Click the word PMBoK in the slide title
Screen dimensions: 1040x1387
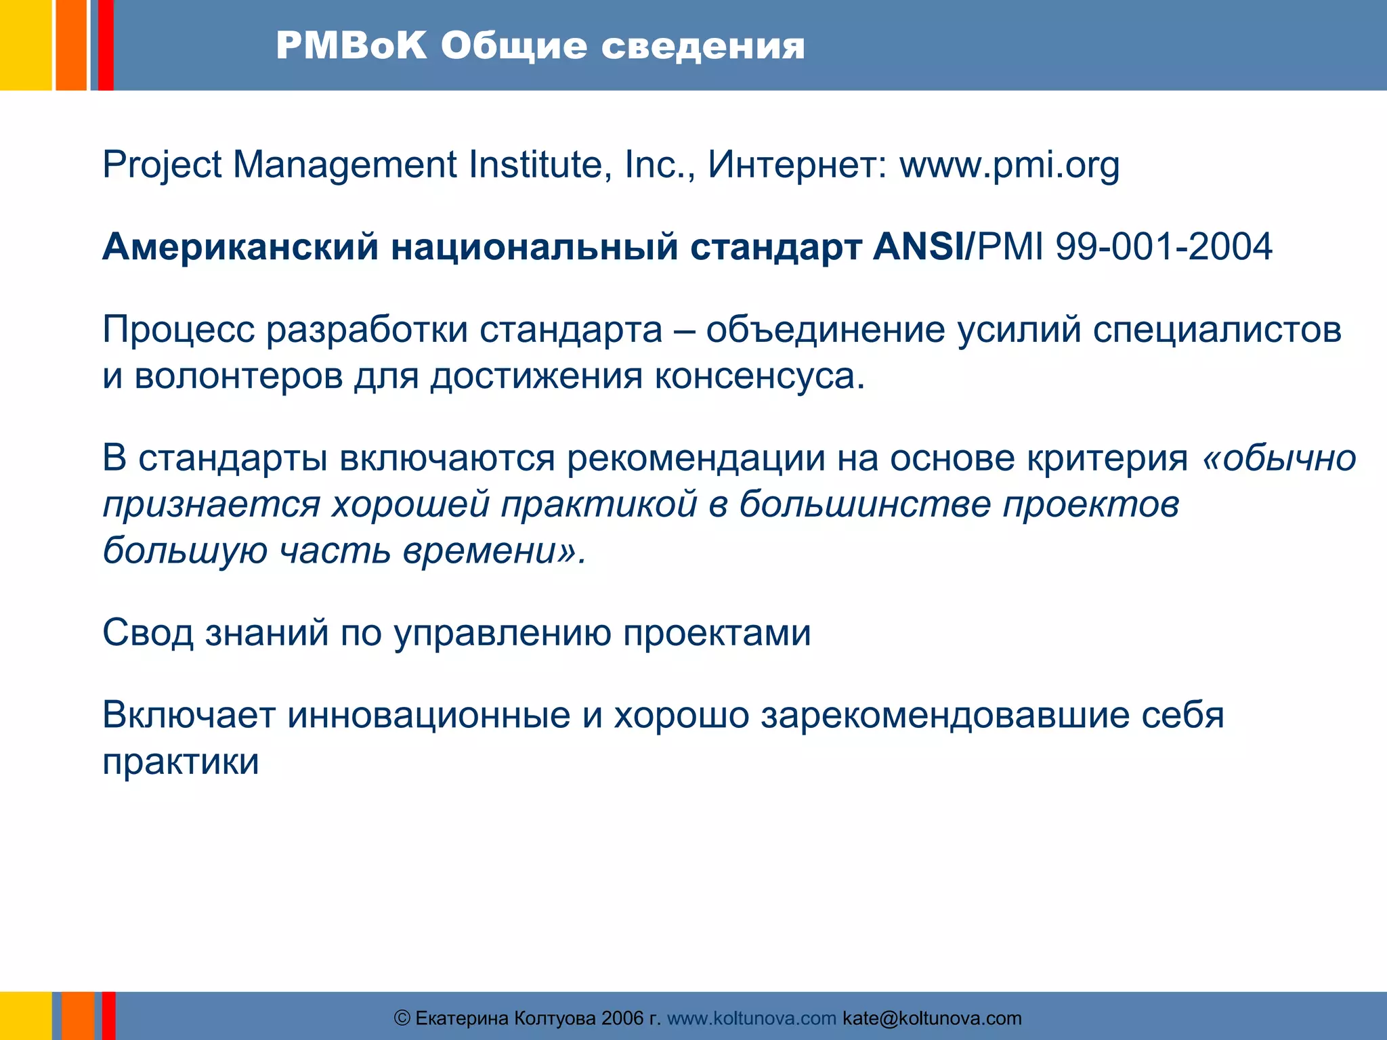point(351,46)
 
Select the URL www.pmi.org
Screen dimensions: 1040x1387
point(1009,165)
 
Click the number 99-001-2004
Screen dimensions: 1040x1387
point(1164,246)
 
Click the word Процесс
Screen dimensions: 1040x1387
point(178,330)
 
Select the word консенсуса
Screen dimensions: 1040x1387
point(759,376)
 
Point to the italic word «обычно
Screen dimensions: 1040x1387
point(1279,458)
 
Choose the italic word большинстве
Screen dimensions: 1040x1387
point(864,504)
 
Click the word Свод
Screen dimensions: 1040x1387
point(148,633)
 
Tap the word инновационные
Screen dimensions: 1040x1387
point(428,715)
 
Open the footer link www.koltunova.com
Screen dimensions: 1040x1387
point(752,1018)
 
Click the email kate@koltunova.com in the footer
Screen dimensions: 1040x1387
point(932,1018)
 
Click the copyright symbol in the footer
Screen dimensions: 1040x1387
point(402,1018)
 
